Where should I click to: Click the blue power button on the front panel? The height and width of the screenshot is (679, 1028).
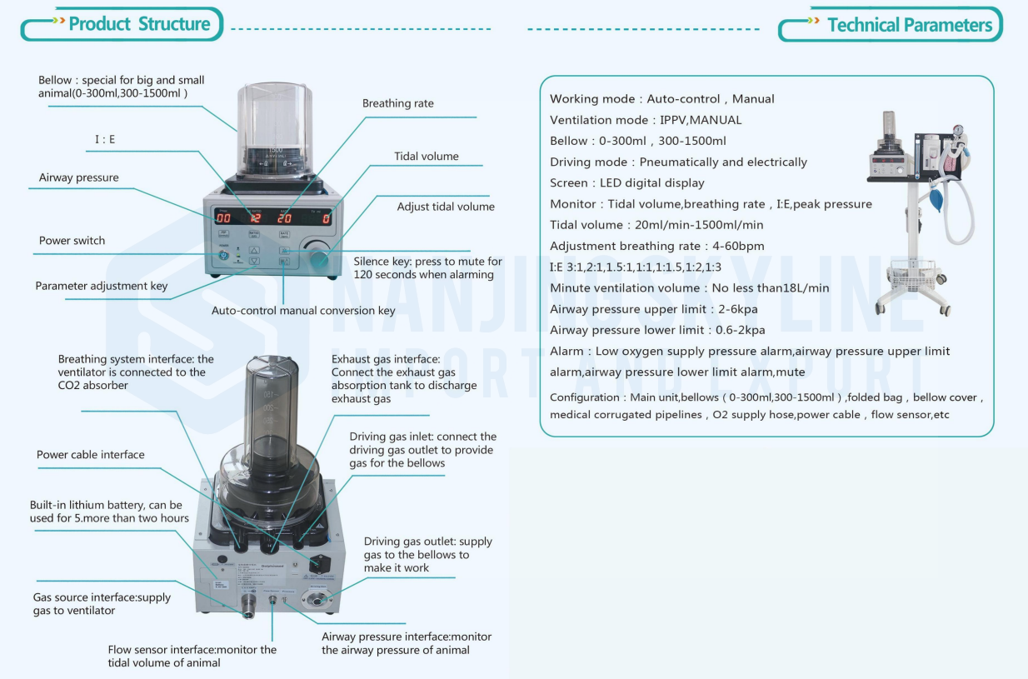[223, 255]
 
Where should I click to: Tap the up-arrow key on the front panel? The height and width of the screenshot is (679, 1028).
[254, 251]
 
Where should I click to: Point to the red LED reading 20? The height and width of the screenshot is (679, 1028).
[285, 218]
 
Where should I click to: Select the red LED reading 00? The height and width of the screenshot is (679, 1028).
[223, 218]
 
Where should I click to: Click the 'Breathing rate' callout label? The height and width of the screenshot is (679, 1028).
[398, 103]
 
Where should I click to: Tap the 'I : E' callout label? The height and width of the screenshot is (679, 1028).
[105, 139]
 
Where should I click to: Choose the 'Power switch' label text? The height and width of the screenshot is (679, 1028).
[72, 241]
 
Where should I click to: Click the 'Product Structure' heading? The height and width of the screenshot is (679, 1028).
[139, 24]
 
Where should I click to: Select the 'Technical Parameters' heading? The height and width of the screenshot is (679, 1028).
[910, 25]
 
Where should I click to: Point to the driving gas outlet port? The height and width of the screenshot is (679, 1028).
[317, 600]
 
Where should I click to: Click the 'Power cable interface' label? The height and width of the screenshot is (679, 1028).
[91, 455]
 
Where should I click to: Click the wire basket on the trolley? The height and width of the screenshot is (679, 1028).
[913, 274]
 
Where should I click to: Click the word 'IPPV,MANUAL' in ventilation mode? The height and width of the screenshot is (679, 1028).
[701, 120]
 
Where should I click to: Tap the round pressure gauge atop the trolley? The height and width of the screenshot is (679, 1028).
[957, 130]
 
